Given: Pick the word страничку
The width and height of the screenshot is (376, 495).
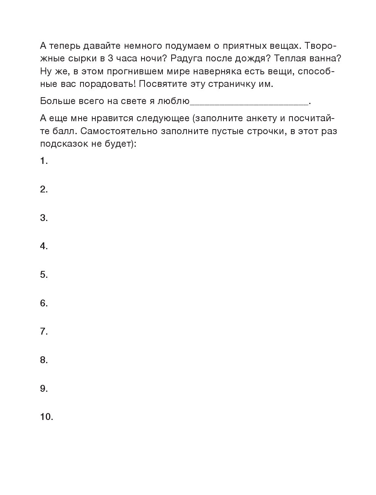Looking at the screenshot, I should coord(233,84).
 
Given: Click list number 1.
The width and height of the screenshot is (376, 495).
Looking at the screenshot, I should coord(43,161).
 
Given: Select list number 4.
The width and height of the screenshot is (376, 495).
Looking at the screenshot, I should coord(44,246).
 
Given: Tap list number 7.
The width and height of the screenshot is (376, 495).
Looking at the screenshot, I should coord(44,332).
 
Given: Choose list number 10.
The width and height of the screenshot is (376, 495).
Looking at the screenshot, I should coord(46,417).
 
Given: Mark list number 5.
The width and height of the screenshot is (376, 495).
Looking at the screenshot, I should coord(44,275).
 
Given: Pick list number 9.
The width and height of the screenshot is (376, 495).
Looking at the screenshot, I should coord(44,388).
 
